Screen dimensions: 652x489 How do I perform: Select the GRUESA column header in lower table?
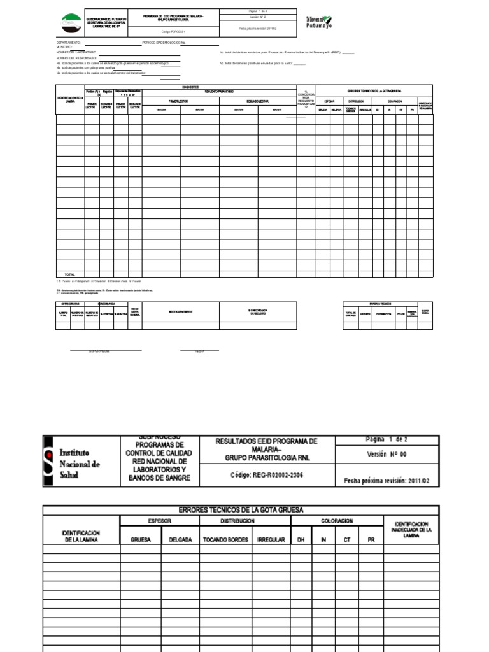(140, 539)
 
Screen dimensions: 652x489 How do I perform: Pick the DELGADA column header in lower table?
(180, 539)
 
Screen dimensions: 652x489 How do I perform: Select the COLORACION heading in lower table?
(337, 521)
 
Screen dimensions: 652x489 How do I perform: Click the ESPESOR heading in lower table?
(160, 521)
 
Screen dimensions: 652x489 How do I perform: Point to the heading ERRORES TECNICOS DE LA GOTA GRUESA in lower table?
(241, 510)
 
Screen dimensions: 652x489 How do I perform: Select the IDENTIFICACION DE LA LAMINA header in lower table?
(81, 535)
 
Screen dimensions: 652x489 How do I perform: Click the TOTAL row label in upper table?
(70, 274)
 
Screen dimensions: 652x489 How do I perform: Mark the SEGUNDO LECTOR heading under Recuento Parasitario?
(257, 101)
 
